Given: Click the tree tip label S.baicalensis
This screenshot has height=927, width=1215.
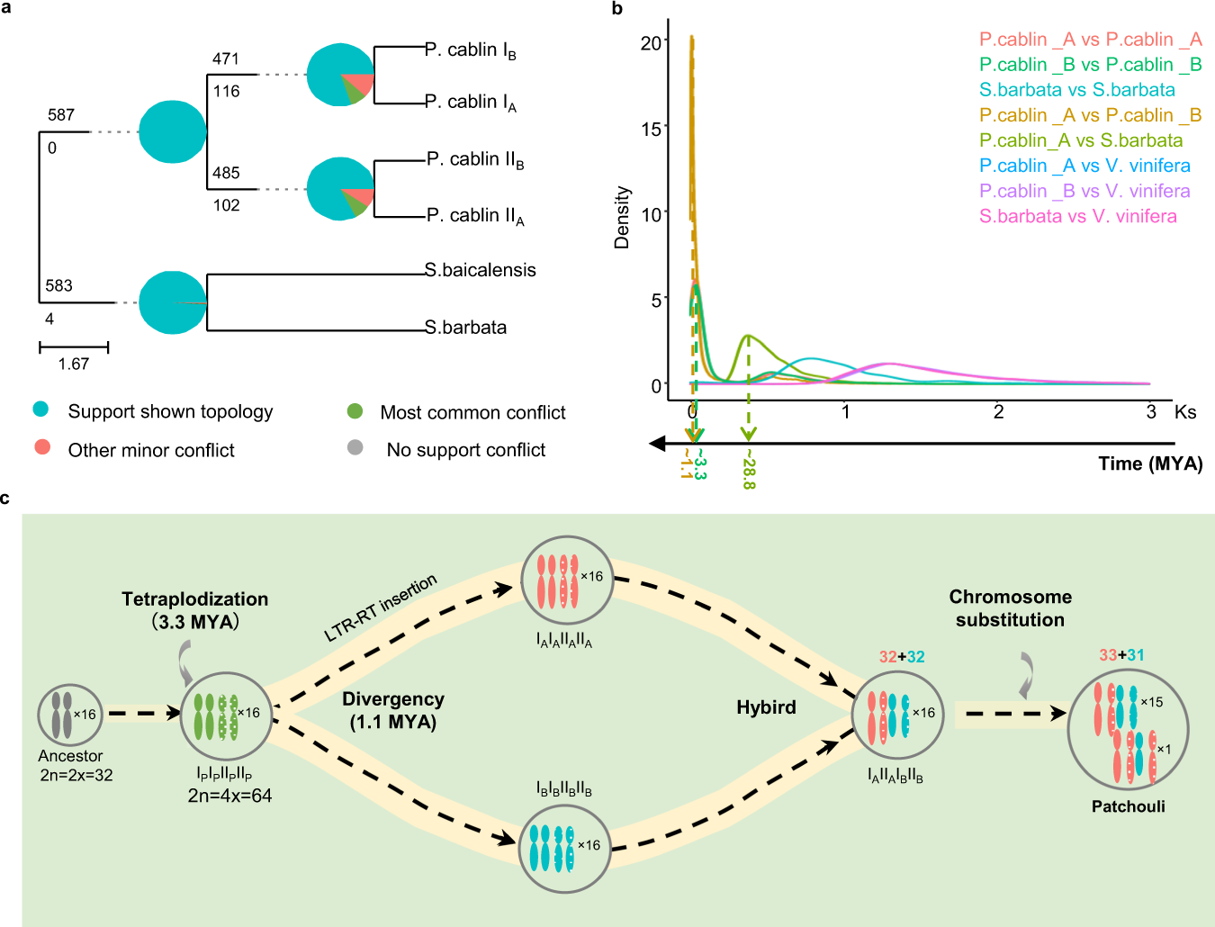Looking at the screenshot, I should tap(481, 270).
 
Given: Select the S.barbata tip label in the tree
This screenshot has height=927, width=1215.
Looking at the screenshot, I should tap(466, 328).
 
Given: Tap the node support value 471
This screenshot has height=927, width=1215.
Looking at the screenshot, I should tap(226, 59).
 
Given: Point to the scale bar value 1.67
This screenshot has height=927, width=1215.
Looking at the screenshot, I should tap(74, 364).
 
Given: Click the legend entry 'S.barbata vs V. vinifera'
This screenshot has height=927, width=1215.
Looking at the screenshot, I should tap(1078, 216).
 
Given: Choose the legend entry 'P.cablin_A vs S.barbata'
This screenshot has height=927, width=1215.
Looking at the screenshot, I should tap(1081, 140).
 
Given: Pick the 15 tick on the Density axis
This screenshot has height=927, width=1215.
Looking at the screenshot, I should tap(651, 129).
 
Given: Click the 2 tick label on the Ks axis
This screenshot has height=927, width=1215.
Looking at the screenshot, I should tap(998, 412).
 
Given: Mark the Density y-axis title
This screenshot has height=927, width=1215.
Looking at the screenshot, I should tap(622, 218).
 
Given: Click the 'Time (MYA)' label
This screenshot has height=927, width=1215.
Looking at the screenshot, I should tap(1150, 463).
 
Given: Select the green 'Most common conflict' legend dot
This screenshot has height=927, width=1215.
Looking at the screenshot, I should tap(355, 411).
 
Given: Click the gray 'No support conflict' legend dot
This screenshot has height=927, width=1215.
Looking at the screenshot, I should tap(355, 447).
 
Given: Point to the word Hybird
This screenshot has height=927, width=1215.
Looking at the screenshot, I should tap(766, 707).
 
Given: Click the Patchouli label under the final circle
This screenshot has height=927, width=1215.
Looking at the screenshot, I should tap(1128, 806).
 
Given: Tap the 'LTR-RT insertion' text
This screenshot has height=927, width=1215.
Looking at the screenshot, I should tap(381, 608).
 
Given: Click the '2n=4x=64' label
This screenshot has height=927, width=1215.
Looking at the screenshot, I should tap(229, 796).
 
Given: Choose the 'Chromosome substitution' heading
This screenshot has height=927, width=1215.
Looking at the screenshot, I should tap(1010, 608).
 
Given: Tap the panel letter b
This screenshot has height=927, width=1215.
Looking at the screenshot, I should tap(617, 9).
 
